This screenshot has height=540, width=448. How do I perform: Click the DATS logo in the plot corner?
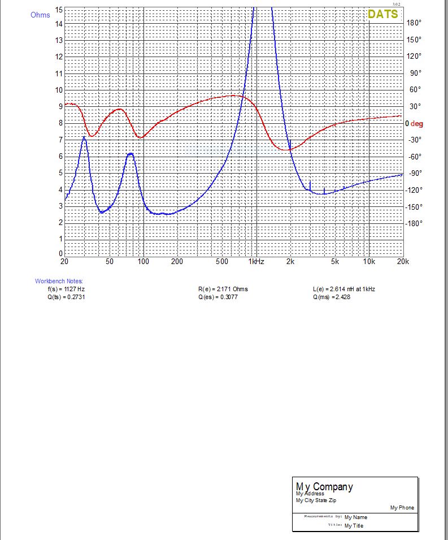tap(382, 14)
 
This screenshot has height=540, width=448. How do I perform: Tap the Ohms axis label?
tap(40, 15)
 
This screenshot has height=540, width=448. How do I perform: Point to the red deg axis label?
tap(416, 123)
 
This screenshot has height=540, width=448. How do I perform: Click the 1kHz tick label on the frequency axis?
tap(256, 262)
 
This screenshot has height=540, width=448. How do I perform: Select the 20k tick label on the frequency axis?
tap(402, 262)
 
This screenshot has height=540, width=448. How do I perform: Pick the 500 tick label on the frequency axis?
tap(222, 262)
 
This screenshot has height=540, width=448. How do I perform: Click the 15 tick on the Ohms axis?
tap(59, 10)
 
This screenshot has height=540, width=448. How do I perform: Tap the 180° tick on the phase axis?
tap(414, 23)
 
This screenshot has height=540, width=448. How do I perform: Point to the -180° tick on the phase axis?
tap(414, 223)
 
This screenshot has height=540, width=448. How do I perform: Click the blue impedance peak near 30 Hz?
tap(84, 137)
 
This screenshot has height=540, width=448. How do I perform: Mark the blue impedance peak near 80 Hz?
tap(131, 153)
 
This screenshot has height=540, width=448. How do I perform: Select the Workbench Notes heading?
tap(59, 281)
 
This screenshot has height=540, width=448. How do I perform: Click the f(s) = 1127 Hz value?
tap(66, 289)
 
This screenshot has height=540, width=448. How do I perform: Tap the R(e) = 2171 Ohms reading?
tap(223, 289)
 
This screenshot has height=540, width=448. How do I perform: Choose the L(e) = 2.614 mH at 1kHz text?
tap(343, 289)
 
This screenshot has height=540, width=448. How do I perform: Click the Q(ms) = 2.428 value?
tap(331, 297)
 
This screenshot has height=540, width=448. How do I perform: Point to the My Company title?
tap(324, 486)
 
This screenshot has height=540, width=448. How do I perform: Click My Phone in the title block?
tap(402, 508)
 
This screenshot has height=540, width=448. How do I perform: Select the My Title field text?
tap(354, 526)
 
